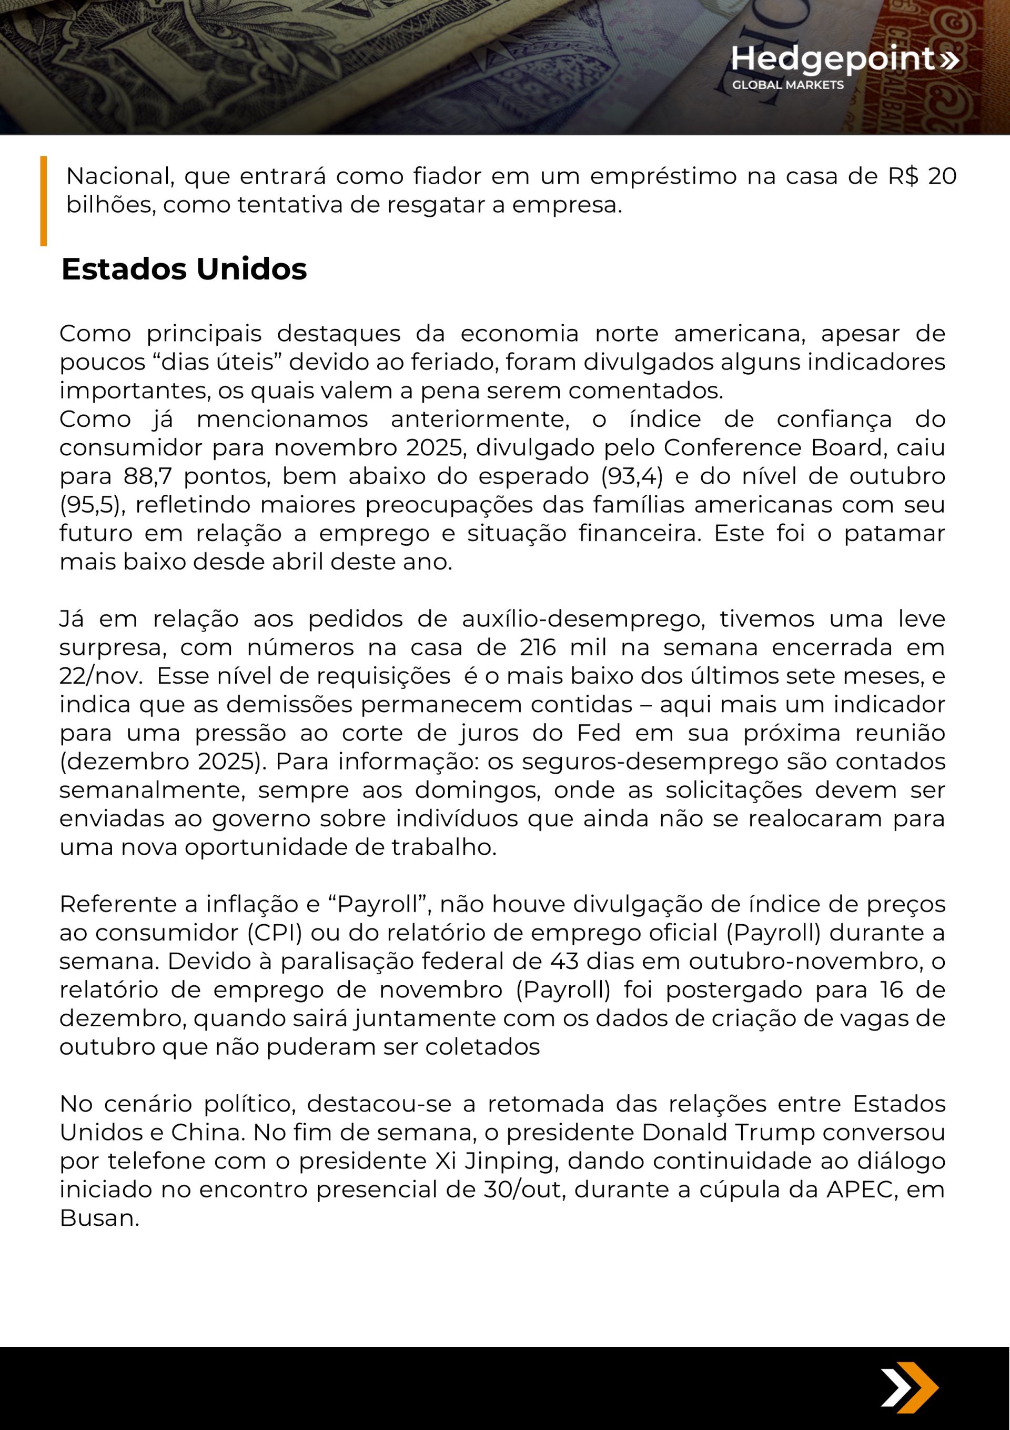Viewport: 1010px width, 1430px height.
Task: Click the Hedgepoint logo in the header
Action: pos(844,59)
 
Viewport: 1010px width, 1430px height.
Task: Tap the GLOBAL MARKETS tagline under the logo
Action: pos(787,85)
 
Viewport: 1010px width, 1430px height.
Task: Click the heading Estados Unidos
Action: pos(184,269)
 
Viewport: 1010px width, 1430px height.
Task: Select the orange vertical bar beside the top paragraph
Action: pos(44,201)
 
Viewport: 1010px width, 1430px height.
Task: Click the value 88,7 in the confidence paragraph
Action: pos(146,476)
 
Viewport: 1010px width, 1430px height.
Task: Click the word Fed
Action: pos(599,733)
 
